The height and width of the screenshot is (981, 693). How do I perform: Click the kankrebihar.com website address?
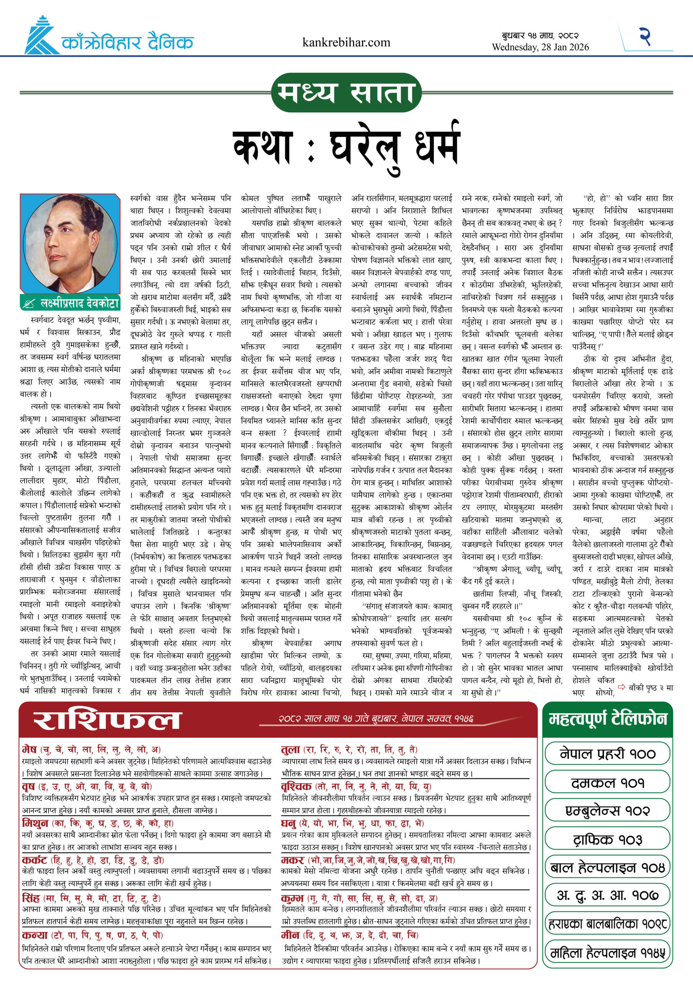346,42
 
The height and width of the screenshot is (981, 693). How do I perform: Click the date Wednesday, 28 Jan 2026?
540,47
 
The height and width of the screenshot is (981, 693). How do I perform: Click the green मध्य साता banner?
346,93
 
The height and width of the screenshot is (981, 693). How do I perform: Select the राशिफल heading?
108,720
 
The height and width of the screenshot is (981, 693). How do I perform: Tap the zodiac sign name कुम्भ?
292,898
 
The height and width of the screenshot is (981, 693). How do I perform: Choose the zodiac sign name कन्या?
34,935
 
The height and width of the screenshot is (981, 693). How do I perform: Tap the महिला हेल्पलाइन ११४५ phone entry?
607,952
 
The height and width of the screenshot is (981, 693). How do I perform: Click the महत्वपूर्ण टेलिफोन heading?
607,720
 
